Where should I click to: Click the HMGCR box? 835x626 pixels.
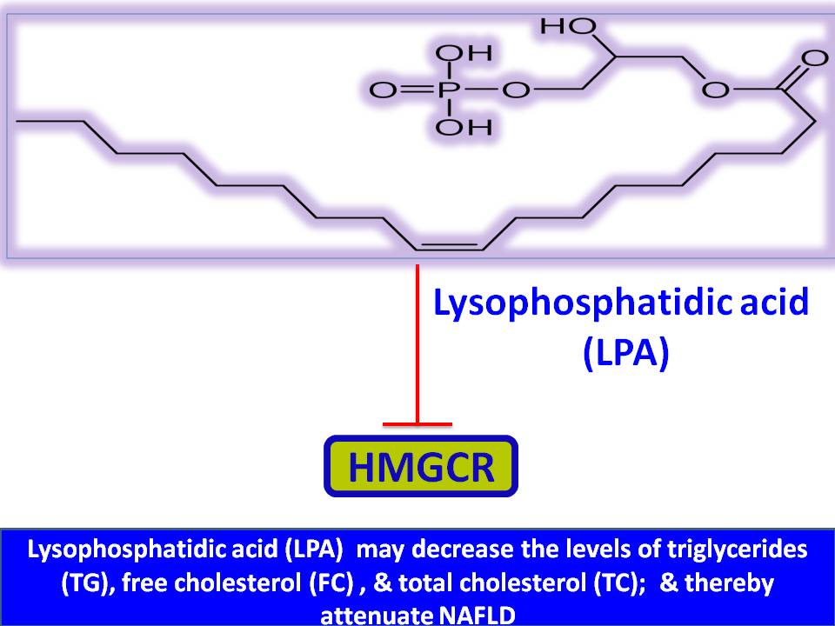pyautogui.click(x=421, y=467)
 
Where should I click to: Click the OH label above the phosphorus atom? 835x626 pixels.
pyautogui.click(x=462, y=54)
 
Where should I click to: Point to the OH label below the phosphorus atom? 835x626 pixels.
pyautogui.click(x=462, y=128)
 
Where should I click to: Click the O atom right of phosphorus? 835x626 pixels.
pyautogui.click(x=516, y=90)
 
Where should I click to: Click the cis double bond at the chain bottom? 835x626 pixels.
pyautogui.click(x=449, y=245)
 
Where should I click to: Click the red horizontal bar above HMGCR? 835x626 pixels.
pyautogui.click(x=418, y=424)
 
